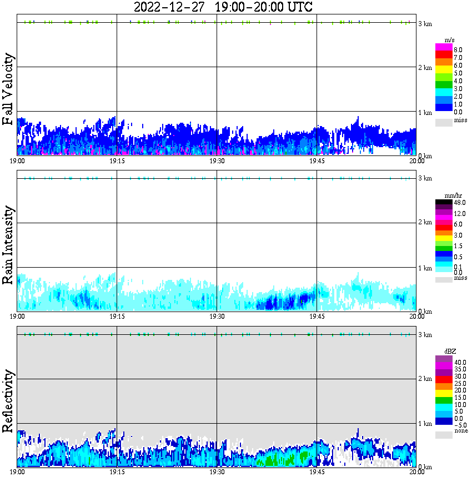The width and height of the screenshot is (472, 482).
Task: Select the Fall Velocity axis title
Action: (8, 89)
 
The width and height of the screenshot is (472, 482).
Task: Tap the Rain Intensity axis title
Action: (8, 245)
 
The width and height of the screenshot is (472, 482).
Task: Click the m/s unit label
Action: (450, 40)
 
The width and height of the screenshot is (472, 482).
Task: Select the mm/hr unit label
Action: (450, 195)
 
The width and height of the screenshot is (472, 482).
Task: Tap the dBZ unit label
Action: (450, 351)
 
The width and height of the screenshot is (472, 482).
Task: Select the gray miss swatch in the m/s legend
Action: (444, 121)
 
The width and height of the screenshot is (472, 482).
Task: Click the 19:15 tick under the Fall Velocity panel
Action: (117, 160)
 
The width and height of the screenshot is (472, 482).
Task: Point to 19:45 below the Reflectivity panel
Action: (317, 471)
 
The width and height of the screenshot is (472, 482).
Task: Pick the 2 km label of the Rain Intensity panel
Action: (425, 223)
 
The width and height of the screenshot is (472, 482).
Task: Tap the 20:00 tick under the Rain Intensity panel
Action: (416, 316)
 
